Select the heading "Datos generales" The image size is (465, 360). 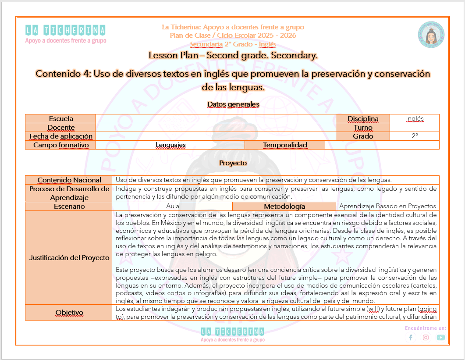tap(233, 104)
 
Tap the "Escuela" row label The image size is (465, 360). tap(61, 118)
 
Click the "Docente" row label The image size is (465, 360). tap(61, 127)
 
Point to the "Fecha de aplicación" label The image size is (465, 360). tap(61, 136)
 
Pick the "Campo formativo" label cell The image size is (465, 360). tap(61, 145)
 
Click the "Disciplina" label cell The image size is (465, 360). tap(362, 118)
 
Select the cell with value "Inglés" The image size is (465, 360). tap(415, 118)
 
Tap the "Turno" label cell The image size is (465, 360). tap(362, 127)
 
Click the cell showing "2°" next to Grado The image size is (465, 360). tap(415, 136)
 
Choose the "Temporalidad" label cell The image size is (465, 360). tap(285, 145)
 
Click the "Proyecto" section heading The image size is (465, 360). tap(233, 163)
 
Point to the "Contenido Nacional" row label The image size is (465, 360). tap(69, 180)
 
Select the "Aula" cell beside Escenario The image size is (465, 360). tap(173, 206)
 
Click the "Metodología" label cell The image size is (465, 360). tap(284, 206)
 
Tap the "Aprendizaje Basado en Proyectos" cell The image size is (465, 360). tap(387, 206)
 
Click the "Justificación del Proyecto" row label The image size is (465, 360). tap(69, 257)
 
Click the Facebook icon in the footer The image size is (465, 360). tap(411, 337)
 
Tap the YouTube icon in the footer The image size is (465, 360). tap(440, 337)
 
